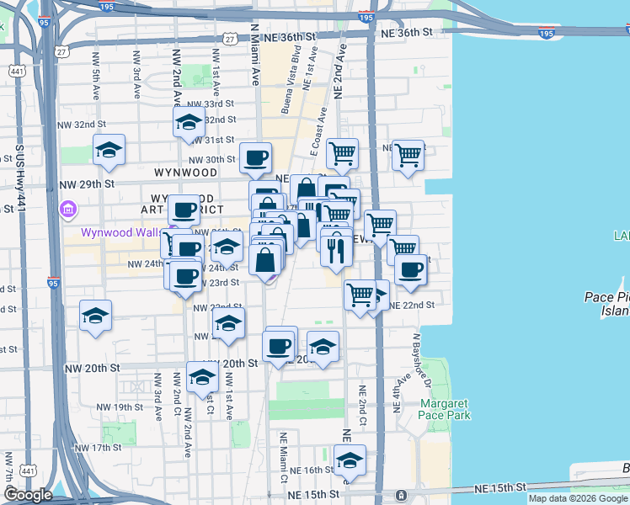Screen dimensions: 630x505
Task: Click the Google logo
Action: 28,495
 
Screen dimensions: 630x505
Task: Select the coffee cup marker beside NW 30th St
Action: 255,157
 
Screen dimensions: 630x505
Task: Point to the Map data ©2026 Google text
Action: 577,498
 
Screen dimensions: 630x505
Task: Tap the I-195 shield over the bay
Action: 547,34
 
